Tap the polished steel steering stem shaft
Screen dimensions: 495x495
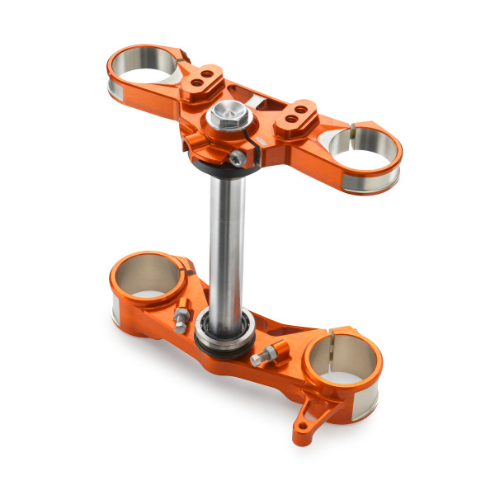224,247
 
